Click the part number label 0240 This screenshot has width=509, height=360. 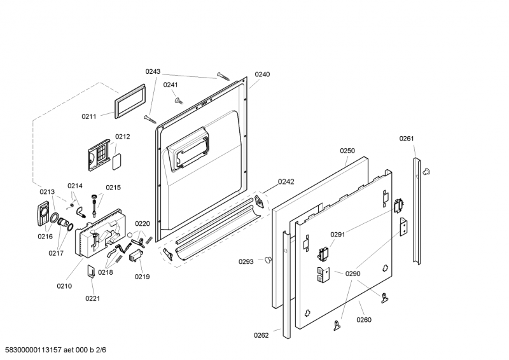click(262, 74)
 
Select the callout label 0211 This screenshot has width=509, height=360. click(89, 116)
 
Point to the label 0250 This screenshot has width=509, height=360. click(347, 151)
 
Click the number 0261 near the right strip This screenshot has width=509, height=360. click(407, 139)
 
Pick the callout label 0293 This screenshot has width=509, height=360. click(246, 261)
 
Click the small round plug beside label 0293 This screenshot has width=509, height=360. click(268, 260)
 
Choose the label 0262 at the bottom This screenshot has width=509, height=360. click(261, 335)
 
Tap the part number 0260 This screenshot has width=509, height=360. click(364, 320)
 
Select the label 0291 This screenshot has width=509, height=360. click(338, 234)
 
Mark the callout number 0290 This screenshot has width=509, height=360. click(353, 273)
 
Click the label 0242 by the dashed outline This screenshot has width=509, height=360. click(286, 182)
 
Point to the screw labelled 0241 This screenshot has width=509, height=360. click(179, 101)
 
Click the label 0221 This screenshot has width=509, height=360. click(92, 298)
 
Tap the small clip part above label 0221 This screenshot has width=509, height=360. click(91, 271)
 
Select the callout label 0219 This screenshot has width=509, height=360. click(142, 277)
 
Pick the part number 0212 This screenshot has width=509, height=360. click(122, 137)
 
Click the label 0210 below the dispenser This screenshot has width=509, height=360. click(64, 286)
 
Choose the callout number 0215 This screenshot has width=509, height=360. click(113, 187)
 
